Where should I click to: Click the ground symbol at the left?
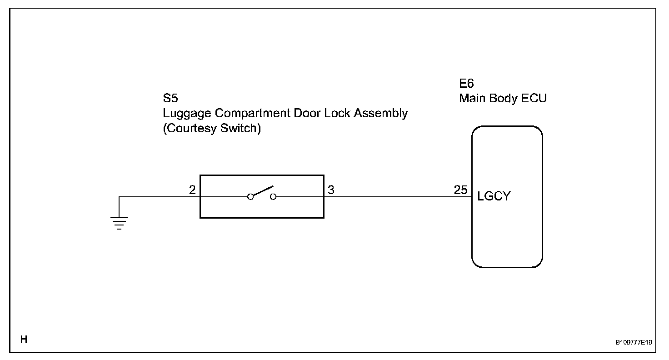click(119, 223)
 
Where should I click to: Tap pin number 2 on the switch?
click(192, 190)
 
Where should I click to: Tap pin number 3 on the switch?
click(331, 190)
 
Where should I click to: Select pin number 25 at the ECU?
click(460, 190)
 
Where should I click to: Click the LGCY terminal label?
click(494, 197)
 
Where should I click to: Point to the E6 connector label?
click(467, 84)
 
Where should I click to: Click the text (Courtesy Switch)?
click(212, 129)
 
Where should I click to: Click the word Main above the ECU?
click(473, 99)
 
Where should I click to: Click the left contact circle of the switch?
click(250, 197)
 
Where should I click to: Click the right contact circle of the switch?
click(273, 197)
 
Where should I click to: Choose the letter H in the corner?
click(24, 339)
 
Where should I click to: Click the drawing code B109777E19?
click(634, 342)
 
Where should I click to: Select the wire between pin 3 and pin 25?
click(395, 197)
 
